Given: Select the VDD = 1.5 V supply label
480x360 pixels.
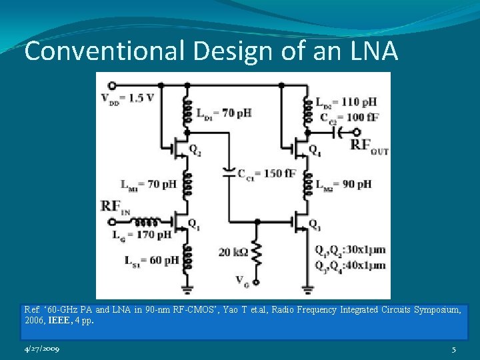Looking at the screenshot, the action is coord(131,99).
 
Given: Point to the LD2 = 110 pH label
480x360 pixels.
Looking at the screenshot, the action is coord(346,102).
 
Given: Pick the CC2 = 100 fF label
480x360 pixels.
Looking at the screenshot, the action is coord(346,117).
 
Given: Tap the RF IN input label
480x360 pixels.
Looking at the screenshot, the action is coord(115,207).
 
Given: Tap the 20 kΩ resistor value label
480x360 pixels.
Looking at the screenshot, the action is coord(233,252).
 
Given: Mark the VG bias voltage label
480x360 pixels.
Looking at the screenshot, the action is coord(242,281).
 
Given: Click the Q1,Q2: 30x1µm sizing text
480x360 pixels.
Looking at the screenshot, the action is coord(350,250).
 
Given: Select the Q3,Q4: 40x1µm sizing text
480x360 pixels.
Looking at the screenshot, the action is coord(350,265).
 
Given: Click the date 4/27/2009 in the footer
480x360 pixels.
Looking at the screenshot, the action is coord(42,349).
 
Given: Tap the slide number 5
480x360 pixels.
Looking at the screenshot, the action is coord(453,349).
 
